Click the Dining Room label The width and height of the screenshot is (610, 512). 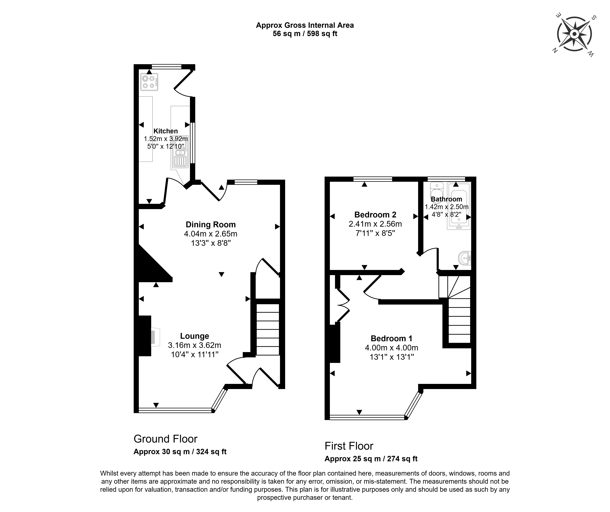[x=211, y=225]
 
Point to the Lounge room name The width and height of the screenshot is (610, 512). [x=195, y=336]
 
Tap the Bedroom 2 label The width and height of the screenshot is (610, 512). [x=375, y=215]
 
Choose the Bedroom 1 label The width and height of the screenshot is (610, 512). [x=392, y=338]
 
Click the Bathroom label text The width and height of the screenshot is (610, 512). [x=446, y=199]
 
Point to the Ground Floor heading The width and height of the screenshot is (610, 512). [x=166, y=439]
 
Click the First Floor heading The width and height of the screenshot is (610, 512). [x=349, y=446]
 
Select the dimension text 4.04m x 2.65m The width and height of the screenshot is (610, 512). [x=211, y=234]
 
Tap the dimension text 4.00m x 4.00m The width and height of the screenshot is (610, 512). [x=392, y=348]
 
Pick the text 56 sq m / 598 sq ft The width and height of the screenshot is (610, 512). [x=305, y=34]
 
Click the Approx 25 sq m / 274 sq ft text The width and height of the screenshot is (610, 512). [x=371, y=459]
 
